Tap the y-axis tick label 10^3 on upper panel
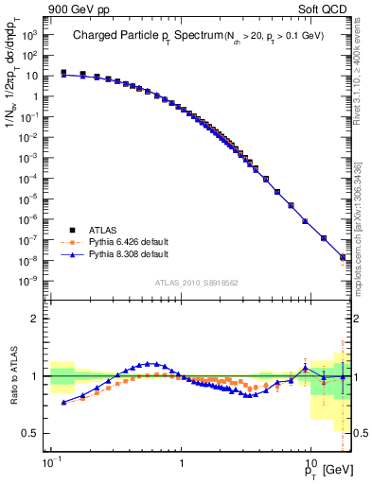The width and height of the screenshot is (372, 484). [x=30, y=32]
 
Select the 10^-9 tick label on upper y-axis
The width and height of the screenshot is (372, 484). [x=30, y=280]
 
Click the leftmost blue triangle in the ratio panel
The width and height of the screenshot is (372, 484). [x=63, y=402]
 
